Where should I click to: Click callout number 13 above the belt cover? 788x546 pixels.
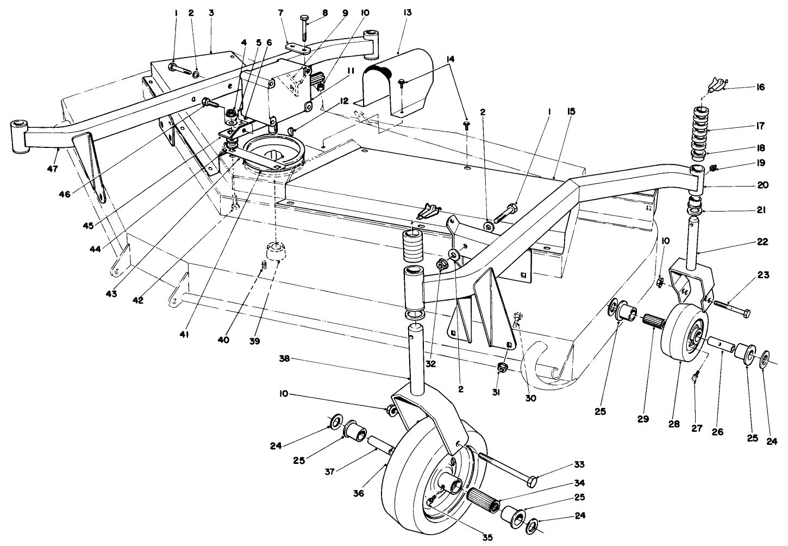tap(408, 13)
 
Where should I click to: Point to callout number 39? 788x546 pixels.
tap(255, 341)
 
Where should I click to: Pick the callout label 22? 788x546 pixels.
tap(762, 242)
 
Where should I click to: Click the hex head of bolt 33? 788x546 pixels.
tap(533, 481)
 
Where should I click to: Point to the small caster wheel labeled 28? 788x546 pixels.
tap(684, 332)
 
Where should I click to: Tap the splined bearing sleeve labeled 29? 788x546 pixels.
tap(654, 324)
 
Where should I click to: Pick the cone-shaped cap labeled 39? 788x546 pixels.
tap(277, 253)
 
